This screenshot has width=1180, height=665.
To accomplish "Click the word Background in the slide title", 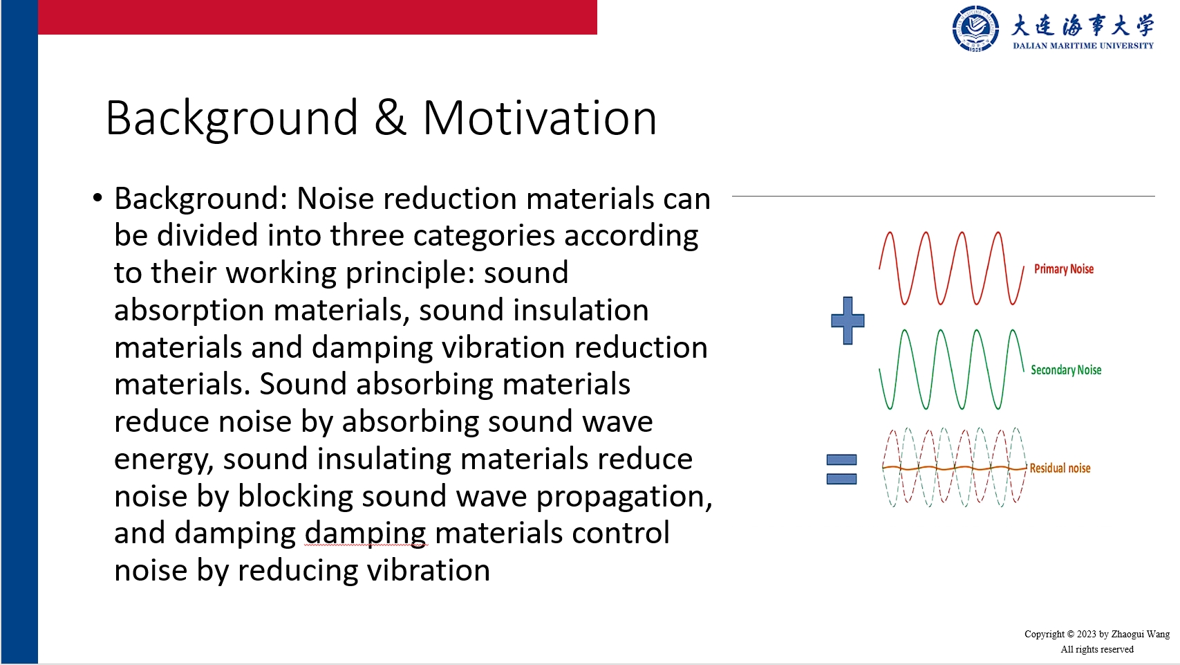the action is point(232,118).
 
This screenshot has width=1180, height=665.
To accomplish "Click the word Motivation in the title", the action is point(540,118).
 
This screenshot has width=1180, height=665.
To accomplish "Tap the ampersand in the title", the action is point(391,118).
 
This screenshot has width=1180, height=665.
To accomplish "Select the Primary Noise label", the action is point(1064,269).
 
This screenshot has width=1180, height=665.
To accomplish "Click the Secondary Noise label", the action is point(1066,370).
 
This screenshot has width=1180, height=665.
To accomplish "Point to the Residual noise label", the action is point(1060,468).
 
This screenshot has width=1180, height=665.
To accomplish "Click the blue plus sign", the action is point(847,320).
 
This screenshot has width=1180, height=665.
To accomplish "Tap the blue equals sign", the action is point(842,469).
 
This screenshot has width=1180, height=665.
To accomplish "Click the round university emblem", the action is point(975,28).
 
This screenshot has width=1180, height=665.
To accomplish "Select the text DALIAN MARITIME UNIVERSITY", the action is point(1083,46).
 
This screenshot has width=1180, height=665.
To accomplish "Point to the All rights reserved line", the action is point(1097,649).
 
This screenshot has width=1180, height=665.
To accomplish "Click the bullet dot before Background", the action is point(97,199).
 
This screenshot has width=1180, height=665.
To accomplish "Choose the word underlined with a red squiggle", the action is point(366,534).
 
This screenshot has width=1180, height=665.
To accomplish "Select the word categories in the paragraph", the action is point(484,236).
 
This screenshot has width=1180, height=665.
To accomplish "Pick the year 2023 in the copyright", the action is point(1086,634).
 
